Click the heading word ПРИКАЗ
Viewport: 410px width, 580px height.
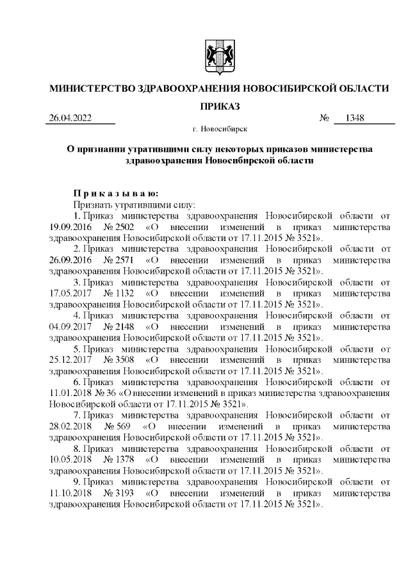(x=220, y=105)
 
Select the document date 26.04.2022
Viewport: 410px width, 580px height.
(x=70, y=119)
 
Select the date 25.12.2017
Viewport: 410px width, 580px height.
(x=70, y=360)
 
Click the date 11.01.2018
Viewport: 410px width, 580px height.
(x=70, y=394)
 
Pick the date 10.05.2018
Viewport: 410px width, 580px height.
(x=70, y=461)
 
